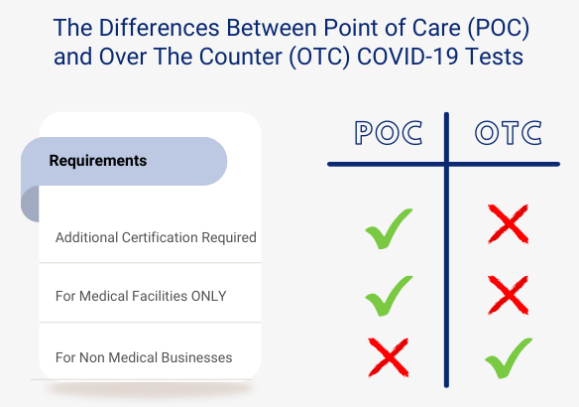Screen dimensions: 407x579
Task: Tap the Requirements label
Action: (x=98, y=161)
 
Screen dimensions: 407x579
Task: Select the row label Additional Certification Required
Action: (x=156, y=238)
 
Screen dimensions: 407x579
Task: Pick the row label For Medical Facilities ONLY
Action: (x=141, y=297)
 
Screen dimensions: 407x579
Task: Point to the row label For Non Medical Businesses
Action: (x=144, y=357)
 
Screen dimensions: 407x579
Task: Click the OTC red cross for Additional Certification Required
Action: (x=509, y=224)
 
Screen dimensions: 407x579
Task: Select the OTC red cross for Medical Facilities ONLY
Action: (x=509, y=294)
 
